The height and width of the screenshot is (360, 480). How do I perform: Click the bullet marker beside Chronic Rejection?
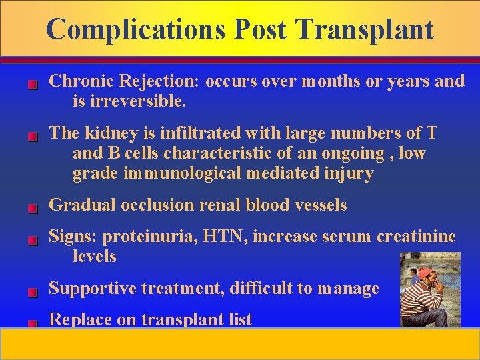coord(32,85)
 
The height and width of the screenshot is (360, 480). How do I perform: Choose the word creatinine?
coord(416,236)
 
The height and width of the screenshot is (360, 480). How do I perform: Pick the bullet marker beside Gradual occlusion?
coord(32,208)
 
